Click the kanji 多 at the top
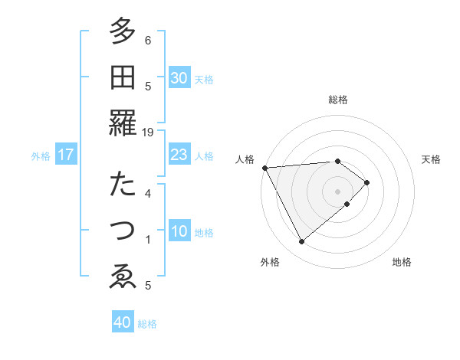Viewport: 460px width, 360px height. pos(123,32)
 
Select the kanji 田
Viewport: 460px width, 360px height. pos(123,77)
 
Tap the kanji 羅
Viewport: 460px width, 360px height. pos(123,123)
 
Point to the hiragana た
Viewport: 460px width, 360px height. pos(123,185)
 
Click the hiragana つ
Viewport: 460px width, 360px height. pos(123,231)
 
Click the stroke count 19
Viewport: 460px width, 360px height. pos(148,132)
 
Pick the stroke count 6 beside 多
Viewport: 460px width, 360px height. pos(148,40)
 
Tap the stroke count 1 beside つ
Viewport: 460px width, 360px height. pos(148,239)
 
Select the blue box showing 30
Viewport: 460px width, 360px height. pos(179,78)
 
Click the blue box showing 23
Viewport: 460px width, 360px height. pos(179,155)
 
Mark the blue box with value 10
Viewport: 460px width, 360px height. pos(179,231)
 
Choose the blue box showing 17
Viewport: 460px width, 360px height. pos(66,155)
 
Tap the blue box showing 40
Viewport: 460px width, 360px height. pos(123,322)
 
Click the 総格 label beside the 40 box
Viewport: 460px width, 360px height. pos(147,324)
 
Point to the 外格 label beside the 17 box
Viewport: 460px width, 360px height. pos(41,156)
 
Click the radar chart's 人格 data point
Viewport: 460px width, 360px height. pos(264,168)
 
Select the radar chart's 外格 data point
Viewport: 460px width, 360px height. pos(302,242)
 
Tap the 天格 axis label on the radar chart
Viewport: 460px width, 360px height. pos(432,159)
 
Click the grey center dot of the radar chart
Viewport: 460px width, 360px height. pos(338,191)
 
